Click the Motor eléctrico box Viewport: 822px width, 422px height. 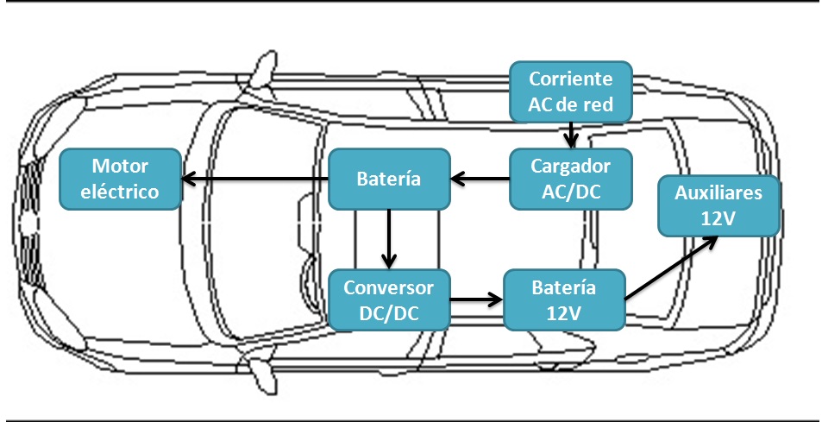(120, 179)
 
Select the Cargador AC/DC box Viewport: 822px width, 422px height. (570, 179)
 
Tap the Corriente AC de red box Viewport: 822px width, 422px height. (570, 92)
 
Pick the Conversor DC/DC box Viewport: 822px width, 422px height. (390, 299)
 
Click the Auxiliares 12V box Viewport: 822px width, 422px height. (718, 205)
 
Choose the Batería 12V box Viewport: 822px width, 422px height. (563, 299)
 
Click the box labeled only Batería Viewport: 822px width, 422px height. (389, 179)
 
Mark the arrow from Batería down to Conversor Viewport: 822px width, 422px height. (390, 238)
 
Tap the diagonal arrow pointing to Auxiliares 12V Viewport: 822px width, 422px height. (672, 267)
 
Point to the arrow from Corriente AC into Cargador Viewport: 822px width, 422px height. (570, 136)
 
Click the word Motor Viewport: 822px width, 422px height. (120, 166)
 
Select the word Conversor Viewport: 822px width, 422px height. (390, 287)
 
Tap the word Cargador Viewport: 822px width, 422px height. (570, 166)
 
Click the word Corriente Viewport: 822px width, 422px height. (570, 79)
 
